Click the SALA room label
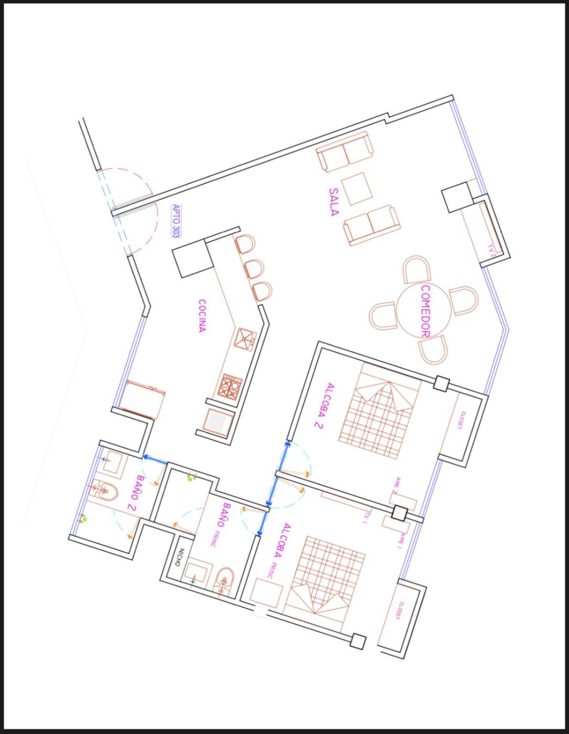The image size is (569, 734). (x=334, y=202)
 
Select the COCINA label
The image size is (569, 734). (x=202, y=316)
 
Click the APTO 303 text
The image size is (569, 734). (x=175, y=221)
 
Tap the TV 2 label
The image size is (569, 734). (x=491, y=249)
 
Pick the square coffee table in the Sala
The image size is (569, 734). (x=357, y=189)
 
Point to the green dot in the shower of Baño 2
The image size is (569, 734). (x=85, y=519)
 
